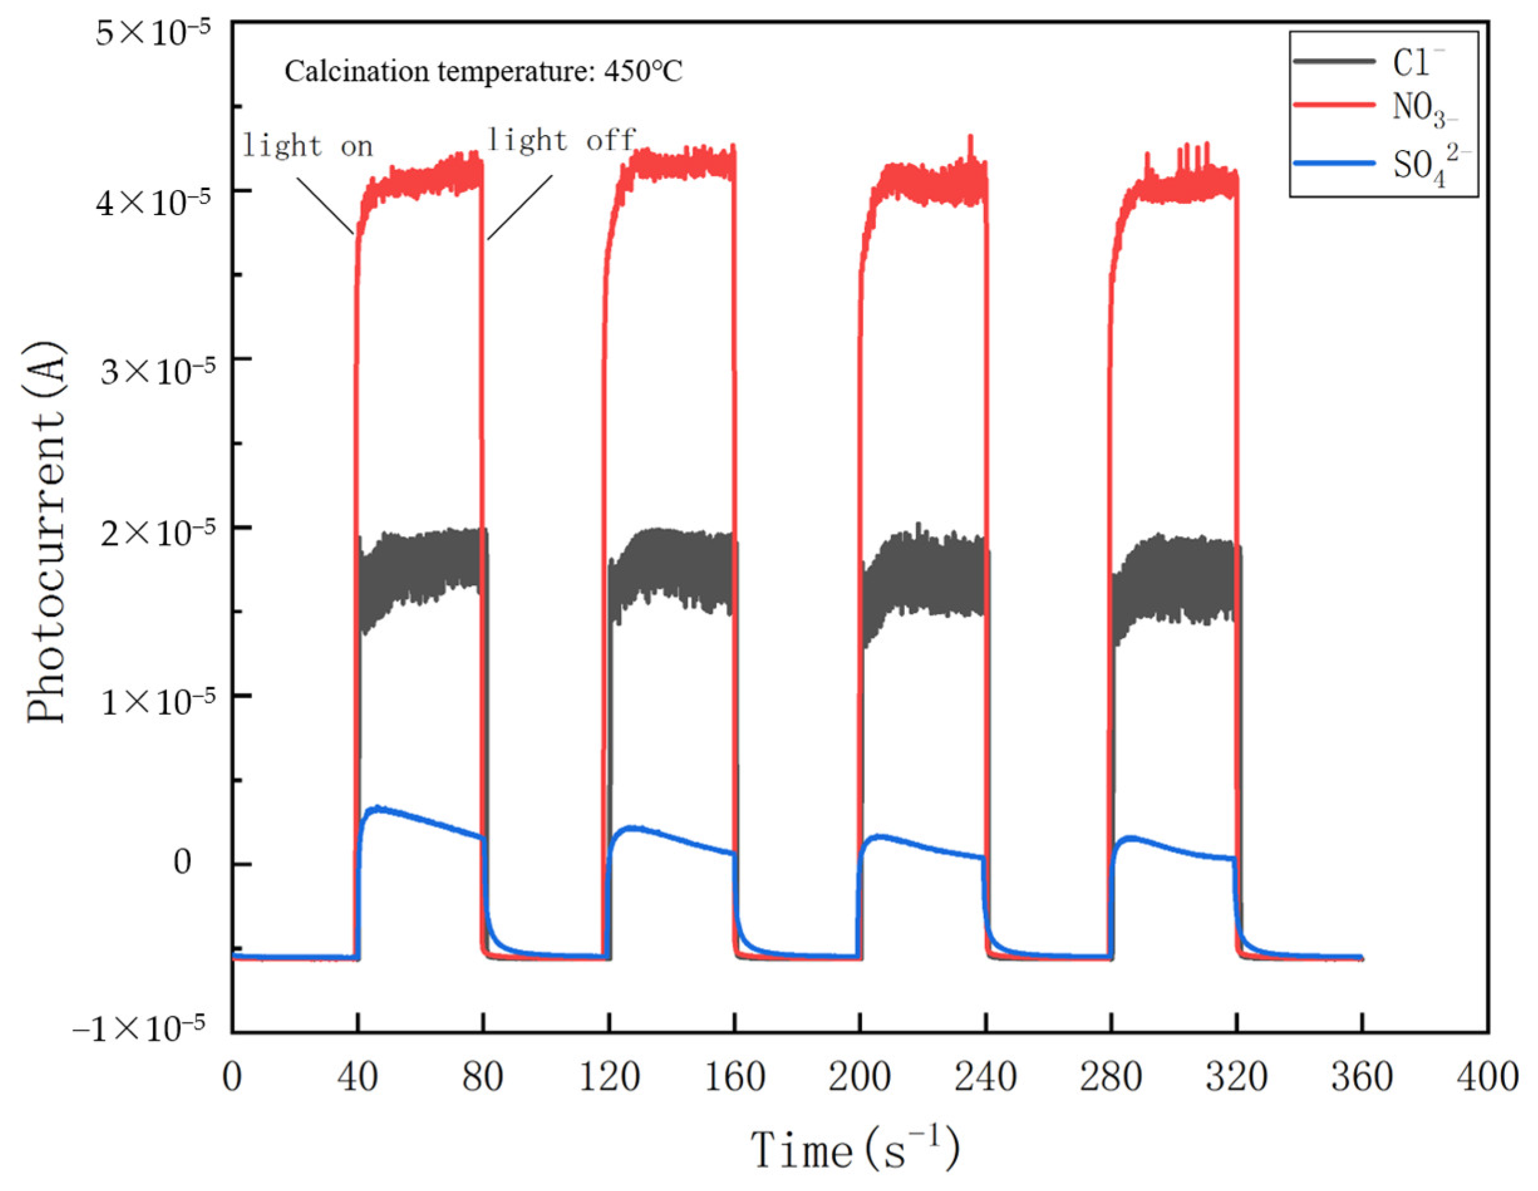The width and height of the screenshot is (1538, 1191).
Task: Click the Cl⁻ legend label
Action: pyautogui.click(x=1417, y=63)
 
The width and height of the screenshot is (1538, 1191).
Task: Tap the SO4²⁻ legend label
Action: pyautogui.click(x=1429, y=166)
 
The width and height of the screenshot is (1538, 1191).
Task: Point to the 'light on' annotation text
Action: pyautogui.click(x=307, y=146)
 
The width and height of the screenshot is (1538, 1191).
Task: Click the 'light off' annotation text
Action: pyautogui.click(x=561, y=140)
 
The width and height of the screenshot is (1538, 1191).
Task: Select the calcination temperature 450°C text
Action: pyautogui.click(x=483, y=71)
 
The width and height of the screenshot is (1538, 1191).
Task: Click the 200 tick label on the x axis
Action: pyautogui.click(x=859, y=1077)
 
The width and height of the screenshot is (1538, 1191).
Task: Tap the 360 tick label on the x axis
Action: pyautogui.click(x=1361, y=1077)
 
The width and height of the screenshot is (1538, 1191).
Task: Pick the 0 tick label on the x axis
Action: pyautogui.click(x=232, y=1077)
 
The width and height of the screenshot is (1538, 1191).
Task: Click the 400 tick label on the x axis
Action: pyautogui.click(x=1487, y=1077)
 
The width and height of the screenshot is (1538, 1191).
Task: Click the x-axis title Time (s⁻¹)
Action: pyautogui.click(x=855, y=1150)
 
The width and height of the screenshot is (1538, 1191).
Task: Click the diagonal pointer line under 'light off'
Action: pyautogui.click(x=520, y=207)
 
